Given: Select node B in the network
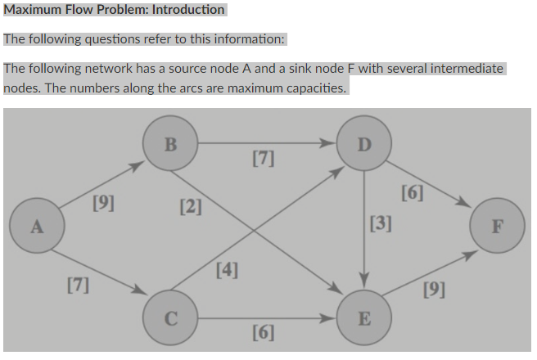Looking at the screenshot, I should pyautogui.click(x=170, y=145).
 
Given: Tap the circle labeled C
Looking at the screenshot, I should pyautogui.click(x=170, y=318).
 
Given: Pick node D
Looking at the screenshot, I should pyautogui.click(x=364, y=145).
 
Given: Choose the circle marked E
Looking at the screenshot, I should pyautogui.click(x=364, y=318).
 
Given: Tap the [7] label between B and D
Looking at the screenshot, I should pyautogui.click(x=263, y=158).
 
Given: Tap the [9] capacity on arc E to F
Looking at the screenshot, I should pyautogui.click(x=434, y=289).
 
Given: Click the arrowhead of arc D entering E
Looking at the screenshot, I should pyautogui.click(x=364, y=286).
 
